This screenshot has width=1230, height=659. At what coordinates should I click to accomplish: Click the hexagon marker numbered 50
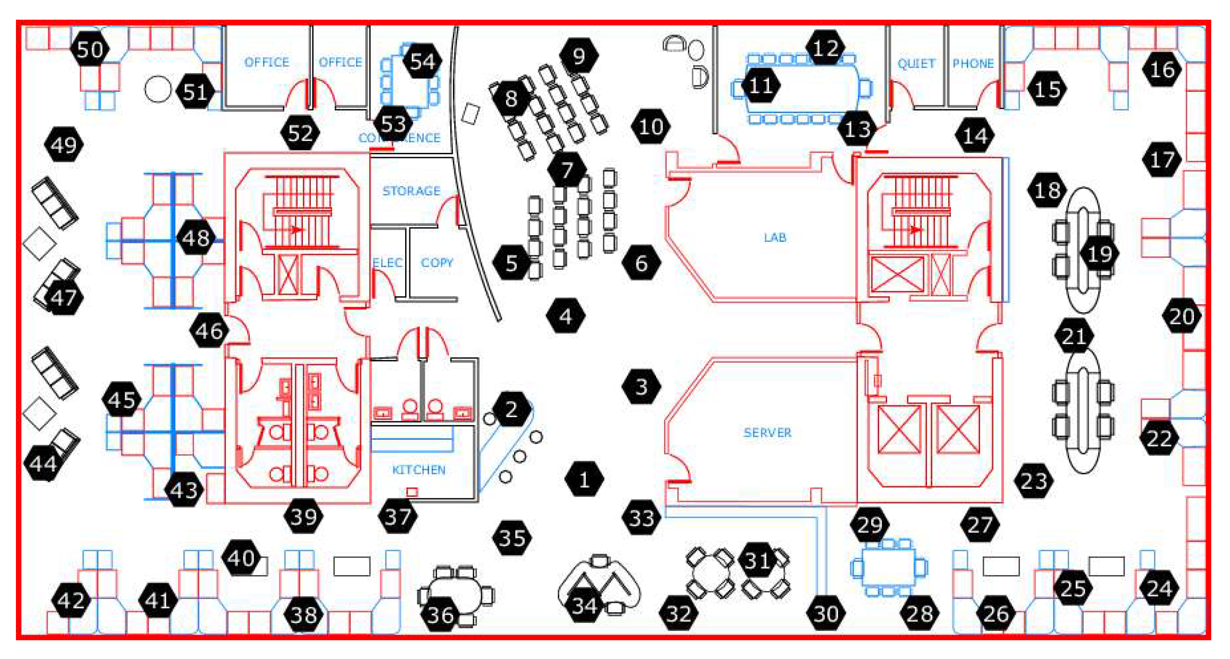click(x=90, y=49)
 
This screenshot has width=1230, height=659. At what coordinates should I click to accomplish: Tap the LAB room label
click(x=775, y=237)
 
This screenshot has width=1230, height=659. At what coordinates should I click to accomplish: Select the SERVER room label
click(x=767, y=432)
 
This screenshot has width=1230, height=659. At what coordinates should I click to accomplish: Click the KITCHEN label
click(x=418, y=470)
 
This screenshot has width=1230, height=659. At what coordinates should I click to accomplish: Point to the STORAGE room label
click(x=411, y=191)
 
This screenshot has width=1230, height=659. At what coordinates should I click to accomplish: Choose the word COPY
click(x=437, y=262)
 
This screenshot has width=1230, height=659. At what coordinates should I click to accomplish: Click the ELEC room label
click(x=387, y=262)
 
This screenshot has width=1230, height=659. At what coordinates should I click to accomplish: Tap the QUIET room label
click(x=916, y=63)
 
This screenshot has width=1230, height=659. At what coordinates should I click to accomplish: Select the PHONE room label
click(x=973, y=63)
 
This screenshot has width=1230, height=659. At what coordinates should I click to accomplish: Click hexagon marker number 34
click(x=584, y=606)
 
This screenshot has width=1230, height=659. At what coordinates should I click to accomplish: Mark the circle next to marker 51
click(x=158, y=89)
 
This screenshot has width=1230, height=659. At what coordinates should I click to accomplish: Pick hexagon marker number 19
click(x=1100, y=254)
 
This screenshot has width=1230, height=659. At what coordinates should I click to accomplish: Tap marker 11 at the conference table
click(x=760, y=86)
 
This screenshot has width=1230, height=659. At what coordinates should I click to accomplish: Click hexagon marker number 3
click(x=641, y=387)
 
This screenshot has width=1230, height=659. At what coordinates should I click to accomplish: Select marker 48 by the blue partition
click(x=196, y=238)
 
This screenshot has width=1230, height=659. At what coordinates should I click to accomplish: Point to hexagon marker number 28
click(x=920, y=614)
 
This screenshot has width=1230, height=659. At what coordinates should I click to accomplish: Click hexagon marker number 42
click(x=71, y=600)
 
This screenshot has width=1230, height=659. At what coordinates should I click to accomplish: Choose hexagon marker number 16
click(x=1162, y=70)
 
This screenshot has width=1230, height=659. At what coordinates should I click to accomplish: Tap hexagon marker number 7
click(x=567, y=169)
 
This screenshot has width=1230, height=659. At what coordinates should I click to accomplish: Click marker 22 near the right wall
click(x=1159, y=438)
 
